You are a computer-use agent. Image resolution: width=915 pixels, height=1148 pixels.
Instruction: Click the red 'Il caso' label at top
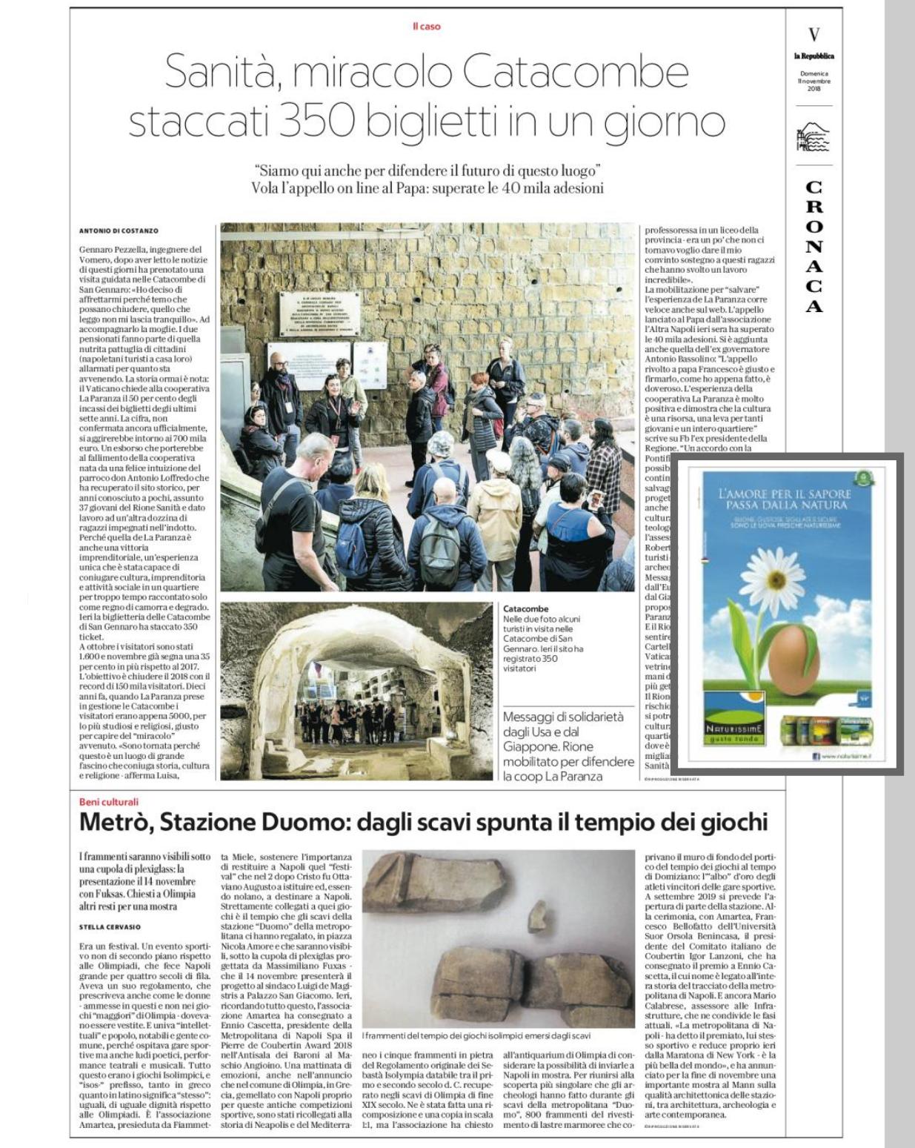click(x=426, y=27)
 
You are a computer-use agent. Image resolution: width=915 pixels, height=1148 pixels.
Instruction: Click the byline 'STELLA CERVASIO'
click(x=110, y=926)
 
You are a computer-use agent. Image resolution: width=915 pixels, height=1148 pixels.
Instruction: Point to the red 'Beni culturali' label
click(x=109, y=802)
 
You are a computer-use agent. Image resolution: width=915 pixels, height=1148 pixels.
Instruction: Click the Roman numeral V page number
click(x=814, y=35)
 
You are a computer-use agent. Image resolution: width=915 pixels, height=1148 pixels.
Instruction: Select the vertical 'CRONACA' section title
click(x=814, y=247)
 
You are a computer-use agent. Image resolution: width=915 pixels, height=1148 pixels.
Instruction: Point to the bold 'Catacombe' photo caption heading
click(x=525, y=608)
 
